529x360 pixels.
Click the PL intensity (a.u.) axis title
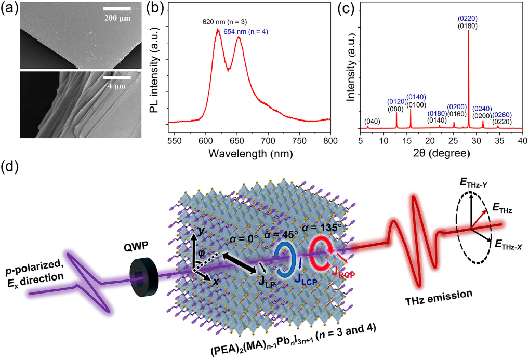(x=155, y=73)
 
